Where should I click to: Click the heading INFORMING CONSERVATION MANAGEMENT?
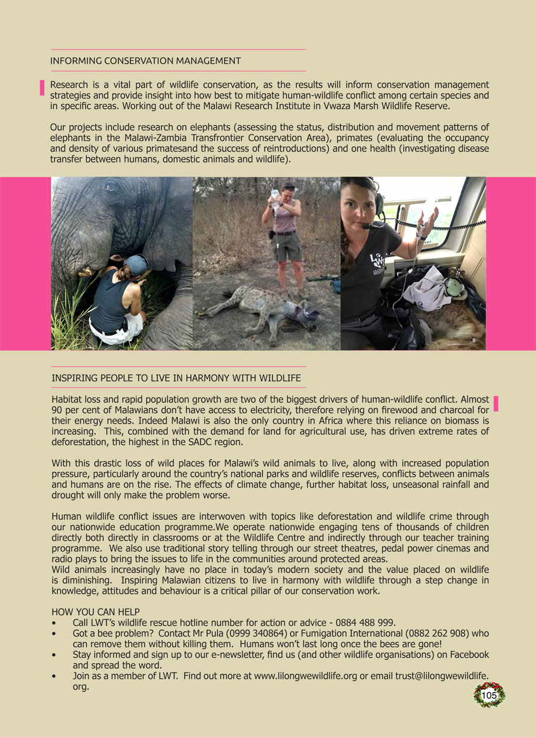click(x=145, y=61)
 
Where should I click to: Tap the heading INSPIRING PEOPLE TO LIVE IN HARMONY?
click(x=176, y=378)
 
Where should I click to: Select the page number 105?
click(x=489, y=695)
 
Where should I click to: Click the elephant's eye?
click(x=110, y=186)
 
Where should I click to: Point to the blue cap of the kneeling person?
click(x=137, y=264)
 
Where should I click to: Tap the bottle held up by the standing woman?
click(x=275, y=198)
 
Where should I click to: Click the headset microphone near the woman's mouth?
click(x=365, y=226)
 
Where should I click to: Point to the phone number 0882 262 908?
click(x=440, y=633)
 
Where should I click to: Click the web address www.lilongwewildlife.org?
click(x=305, y=676)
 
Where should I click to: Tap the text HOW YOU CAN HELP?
click(x=96, y=612)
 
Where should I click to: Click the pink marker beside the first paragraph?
click(x=42, y=87)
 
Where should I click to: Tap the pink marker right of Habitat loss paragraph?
click(x=496, y=404)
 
